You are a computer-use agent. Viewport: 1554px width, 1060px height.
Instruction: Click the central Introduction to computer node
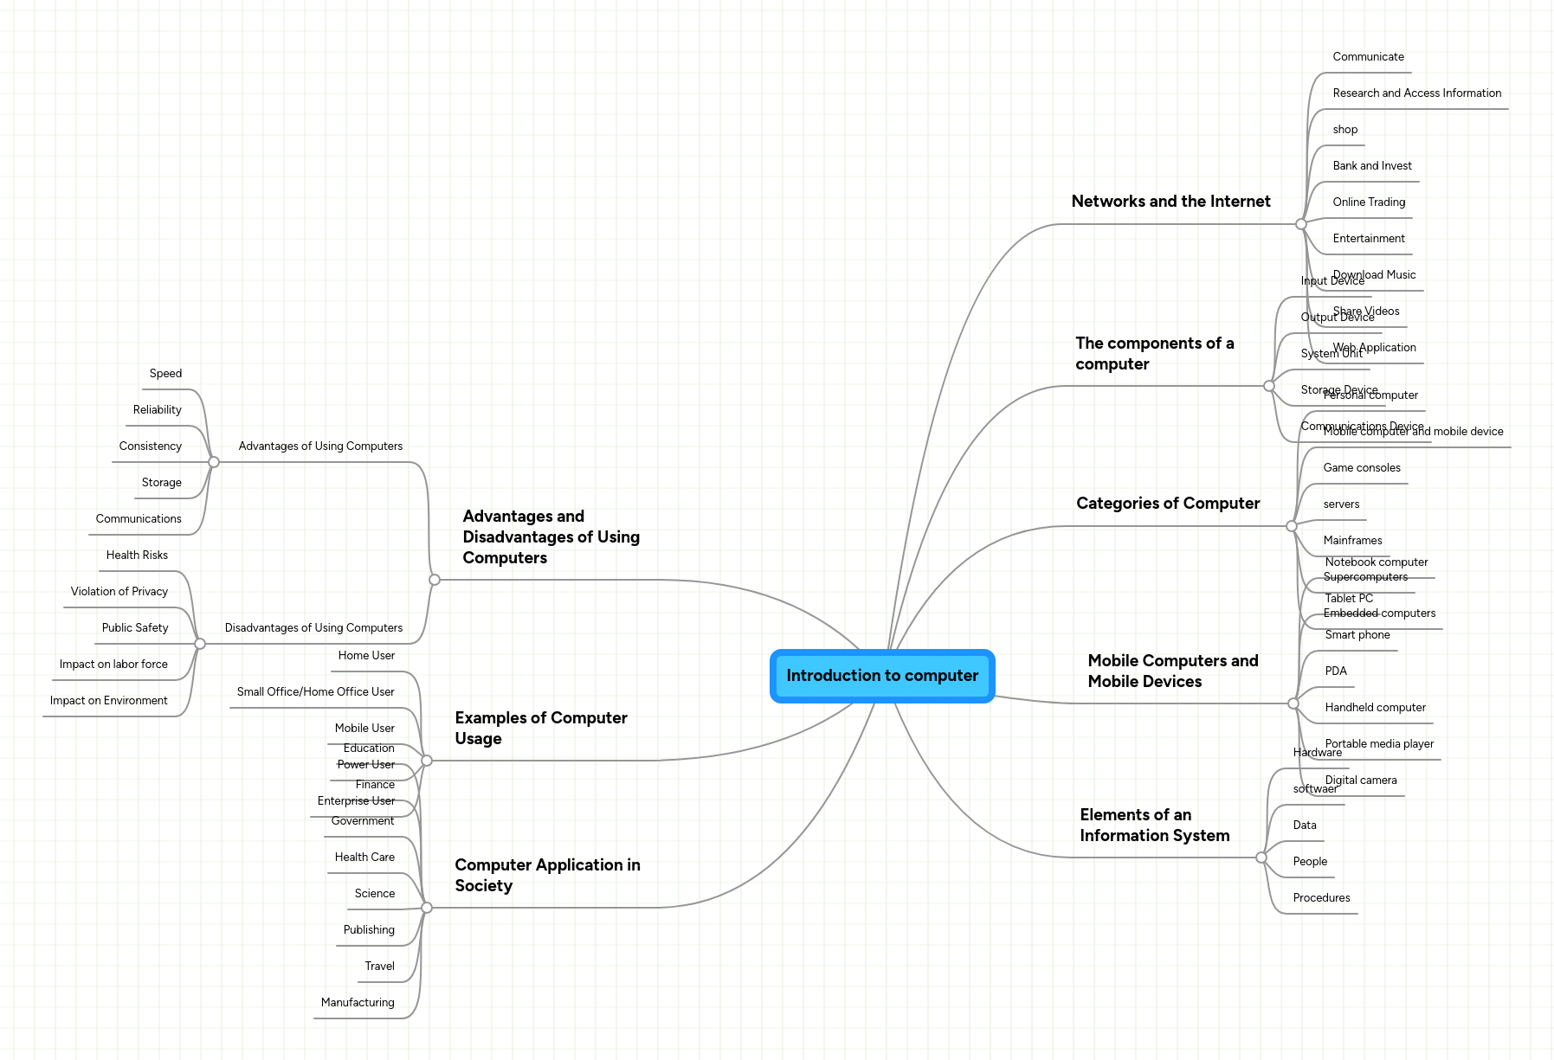(x=882, y=676)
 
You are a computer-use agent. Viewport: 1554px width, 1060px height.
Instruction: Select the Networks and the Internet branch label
(x=1170, y=202)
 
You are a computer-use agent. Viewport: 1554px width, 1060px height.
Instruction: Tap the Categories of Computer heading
(x=1168, y=504)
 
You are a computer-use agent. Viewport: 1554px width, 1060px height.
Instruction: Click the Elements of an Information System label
(x=1154, y=825)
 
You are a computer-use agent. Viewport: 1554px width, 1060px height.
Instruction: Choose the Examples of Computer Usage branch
(x=540, y=728)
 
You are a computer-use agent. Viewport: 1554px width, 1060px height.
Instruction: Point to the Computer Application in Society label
(x=547, y=875)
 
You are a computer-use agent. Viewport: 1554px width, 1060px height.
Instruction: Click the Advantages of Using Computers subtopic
(x=320, y=446)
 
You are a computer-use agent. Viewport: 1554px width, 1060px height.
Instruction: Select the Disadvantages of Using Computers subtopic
(x=313, y=628)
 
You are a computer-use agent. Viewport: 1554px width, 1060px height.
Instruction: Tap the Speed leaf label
(x=165, y=374)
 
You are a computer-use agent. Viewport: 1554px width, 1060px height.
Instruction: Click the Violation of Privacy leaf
(x=119, y=592)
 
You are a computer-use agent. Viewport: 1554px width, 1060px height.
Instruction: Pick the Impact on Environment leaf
(x=109, y=701)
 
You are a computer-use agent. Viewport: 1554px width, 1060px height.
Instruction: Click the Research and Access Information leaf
(x=1416, y=93)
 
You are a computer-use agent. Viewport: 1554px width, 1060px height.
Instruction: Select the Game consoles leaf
(x=1361, y=468)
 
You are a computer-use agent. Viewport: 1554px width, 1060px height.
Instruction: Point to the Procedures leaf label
(x=1321, y=898)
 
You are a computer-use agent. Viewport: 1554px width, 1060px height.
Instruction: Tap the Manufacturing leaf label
(x=358, y=1003)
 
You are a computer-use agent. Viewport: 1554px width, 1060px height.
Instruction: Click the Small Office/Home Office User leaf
(x=315, y=692)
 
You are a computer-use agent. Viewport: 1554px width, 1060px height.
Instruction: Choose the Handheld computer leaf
(x=1375, y=708)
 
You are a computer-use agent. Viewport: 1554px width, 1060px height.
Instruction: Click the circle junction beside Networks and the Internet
(x=1301, y=224)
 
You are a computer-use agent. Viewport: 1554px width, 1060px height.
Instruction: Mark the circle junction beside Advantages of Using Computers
(x=214, y=462)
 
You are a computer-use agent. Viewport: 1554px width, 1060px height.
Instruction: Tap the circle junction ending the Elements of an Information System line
(x=1261, y=858)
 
